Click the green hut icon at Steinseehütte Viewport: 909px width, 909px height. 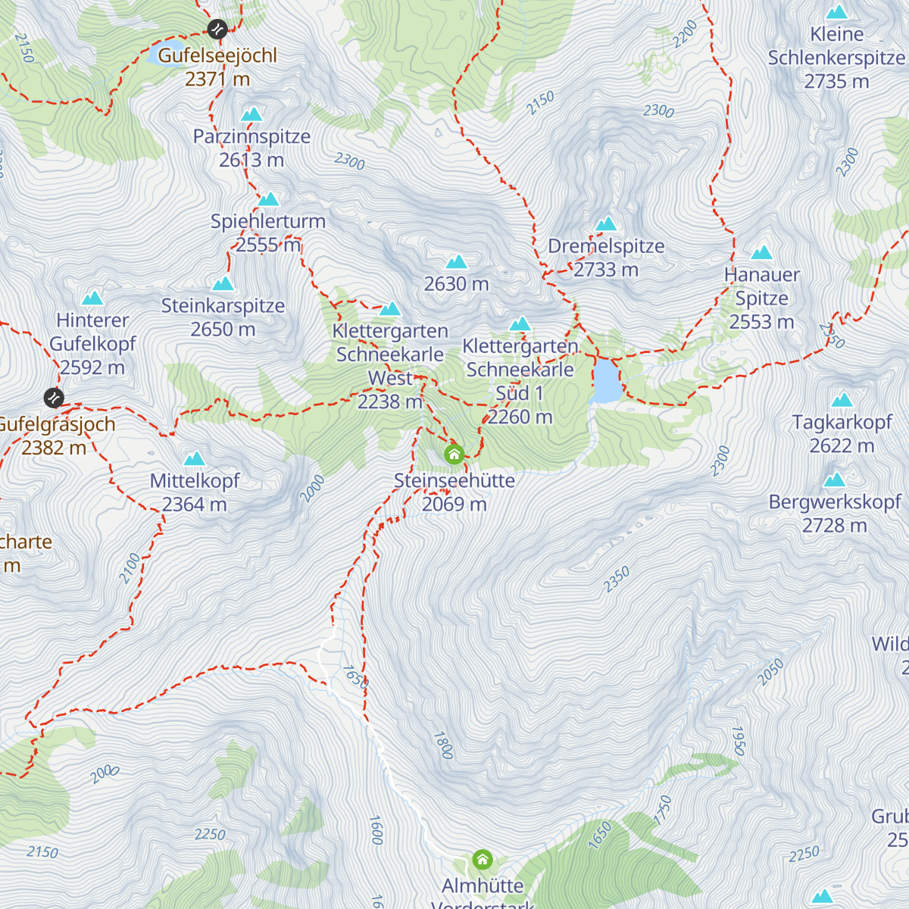point(454,454)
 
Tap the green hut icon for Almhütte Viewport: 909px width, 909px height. point(483,860)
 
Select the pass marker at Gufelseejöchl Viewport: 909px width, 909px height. point(217,30)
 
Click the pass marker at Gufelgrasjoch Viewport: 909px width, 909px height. point(54,398)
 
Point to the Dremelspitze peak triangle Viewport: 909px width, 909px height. point(606,224)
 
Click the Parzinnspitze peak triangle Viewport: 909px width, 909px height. point(251,115)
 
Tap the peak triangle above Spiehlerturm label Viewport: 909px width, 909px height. point(269,200)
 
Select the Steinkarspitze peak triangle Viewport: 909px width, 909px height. point(223,285)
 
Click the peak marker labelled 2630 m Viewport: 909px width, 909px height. point(456,263)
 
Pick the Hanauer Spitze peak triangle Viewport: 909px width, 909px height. point(761,253)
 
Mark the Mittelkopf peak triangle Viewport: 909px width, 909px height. point(195,459)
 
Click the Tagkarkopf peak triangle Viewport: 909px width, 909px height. point(842,401)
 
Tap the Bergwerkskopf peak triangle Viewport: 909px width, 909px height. point(834,480)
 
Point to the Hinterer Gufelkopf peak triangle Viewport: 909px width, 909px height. point(92,298)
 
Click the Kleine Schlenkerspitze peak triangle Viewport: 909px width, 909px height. point(836,13)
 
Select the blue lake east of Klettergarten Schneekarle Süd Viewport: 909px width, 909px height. point(606,381)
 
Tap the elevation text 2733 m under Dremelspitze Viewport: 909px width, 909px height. point(606,270)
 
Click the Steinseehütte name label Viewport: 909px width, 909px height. point(454,480)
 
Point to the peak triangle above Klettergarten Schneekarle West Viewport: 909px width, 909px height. point(390,309)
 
